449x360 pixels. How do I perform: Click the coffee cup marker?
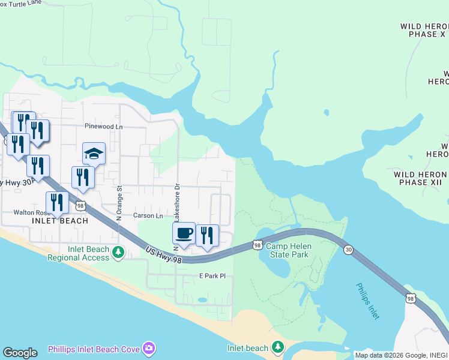pyautogui.click(x=184, y=233)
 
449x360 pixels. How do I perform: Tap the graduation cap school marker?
pyautogui.click(x=94, y=154)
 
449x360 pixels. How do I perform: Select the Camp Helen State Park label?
pyautogui.click(x=287, y=251)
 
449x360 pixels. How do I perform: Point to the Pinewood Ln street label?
pyautogui.click(x=103, y=127)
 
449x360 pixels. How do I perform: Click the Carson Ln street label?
pyautogui.click(x=148, y=215)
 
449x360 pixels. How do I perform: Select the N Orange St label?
pyautogui.click(x=119, y=203)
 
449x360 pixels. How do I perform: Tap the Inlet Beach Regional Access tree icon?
pyautogui.click(x=119, y=253)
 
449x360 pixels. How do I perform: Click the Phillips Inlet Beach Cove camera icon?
pyautogui.click(x=149, y=349)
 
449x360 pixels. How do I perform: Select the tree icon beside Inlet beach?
pyautogui.click(x=277, y=347)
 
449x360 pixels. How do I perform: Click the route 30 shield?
pyautogui.click(x=348, y=250)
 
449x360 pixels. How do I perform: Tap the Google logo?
pyautogui.click(x=20, y=353)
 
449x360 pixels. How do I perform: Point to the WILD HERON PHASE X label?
pyautogui.click(x=424, y=31)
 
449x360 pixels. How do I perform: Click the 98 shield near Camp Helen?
pyautogui.click(x=257, y=245)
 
